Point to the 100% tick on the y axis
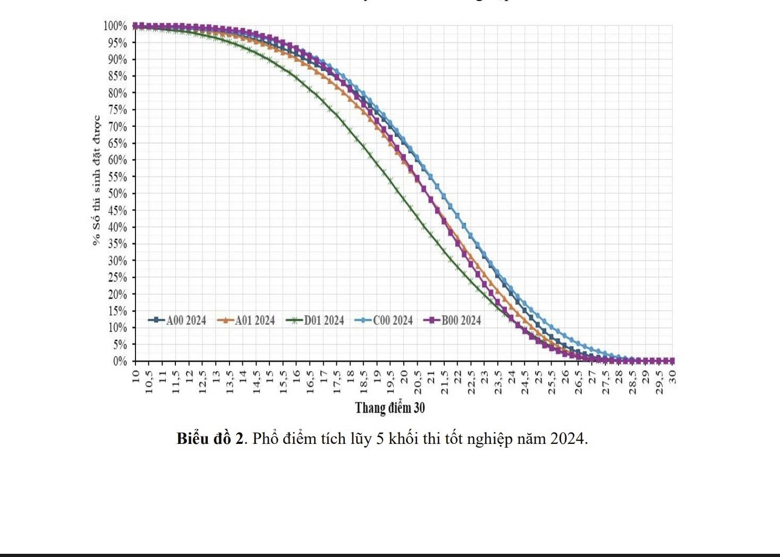(x=115, y=26)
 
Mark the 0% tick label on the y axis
(x=120, y=361)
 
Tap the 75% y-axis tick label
(x=117, y=110)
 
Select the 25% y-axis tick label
(x=117, y=277)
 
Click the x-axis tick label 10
(x=135, y=376)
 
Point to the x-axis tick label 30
(x=672, y=376)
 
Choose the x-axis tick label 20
(x=404, y=376)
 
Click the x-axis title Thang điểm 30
(x=390, y=408)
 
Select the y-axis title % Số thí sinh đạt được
(x=96, y=181)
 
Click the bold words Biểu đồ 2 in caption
(x=210, y=439)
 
